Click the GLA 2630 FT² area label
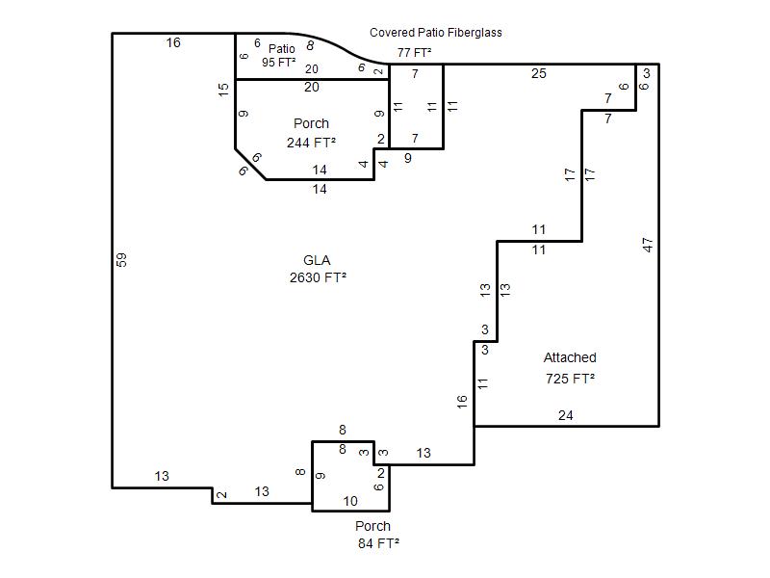pos(318,269)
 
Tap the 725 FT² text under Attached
pos(570,379)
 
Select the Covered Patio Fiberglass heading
pos(436,33)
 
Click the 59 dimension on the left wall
pos(121,259)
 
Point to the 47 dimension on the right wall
pos(648,245)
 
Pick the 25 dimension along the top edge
pos(539,74)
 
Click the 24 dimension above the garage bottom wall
pos(566,416)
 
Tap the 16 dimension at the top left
pos(173,42)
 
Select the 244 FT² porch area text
pos(311,143)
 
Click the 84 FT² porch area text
pos(378,543)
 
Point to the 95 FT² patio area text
pos(278,63)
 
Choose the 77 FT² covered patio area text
pos(415,53)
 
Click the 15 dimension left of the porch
pos(223,89)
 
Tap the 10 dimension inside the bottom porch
pos(350,501)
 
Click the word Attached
pos(570,357)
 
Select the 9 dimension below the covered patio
pos(407,158)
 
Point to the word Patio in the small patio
pos(282,49)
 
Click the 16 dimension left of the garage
pos(462,402)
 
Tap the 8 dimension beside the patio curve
pos(310,45)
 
